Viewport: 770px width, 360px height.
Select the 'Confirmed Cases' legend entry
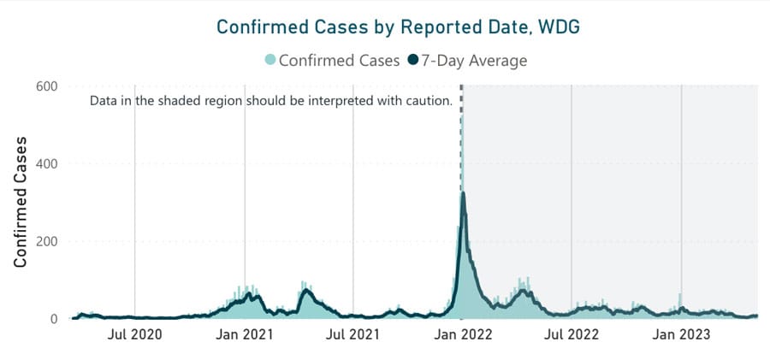click(x=333, y=60)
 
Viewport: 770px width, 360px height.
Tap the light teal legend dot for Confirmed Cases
click(x=271, y=60)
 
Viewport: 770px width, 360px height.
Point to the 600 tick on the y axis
click(x=46, y=86)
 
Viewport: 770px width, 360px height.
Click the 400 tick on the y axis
click(x=46, y=163)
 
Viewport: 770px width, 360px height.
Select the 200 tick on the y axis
click(x=46, y=241)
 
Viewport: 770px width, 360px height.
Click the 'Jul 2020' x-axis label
click(x=134, y=335)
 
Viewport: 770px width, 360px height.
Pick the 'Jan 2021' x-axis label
click(x=245, y=335)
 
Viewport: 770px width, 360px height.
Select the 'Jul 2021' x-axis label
click(x=353, y=335)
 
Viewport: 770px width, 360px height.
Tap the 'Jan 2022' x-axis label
click(x=463, y=335)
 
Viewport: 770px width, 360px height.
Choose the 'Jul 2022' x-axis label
click(x=572, y=335)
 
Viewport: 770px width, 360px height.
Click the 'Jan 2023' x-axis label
click(x=681, y=335)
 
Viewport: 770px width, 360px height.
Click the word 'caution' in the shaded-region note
click(x=428, y=102)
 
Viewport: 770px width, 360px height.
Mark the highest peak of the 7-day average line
click(x=463, y=193)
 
